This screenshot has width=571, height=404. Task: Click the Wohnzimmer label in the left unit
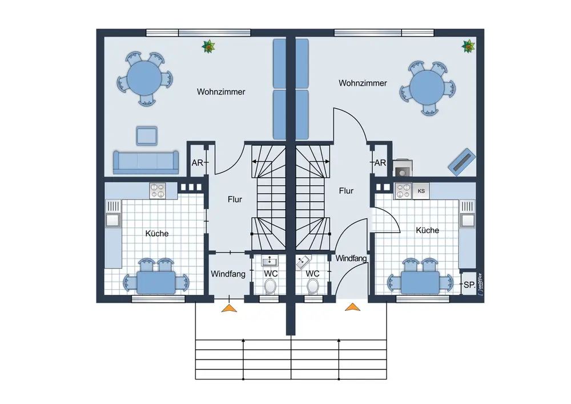[x=221, y=92]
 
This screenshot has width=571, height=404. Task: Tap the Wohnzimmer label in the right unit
[x=363, y=83]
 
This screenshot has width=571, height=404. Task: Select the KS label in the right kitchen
[x=421, y=191]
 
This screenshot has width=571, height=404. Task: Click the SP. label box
[x=469, y=285]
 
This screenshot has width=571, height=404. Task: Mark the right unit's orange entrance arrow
[x=352, y=307]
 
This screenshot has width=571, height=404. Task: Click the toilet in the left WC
[x=270, y=286]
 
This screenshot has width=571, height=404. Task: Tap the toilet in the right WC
[x=313, y=286]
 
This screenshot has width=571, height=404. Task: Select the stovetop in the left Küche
[x=158, y=191]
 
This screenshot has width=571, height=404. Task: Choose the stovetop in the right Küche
[x=404, y=191]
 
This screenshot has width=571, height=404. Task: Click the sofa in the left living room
[x=146, y=162]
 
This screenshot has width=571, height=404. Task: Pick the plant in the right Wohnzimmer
[x=468, y=46]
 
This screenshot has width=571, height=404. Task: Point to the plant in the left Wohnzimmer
[x=208, y=47]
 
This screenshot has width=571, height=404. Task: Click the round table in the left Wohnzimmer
[x=144, y=78]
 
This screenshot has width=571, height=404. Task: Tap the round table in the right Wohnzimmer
[x=428, y=87]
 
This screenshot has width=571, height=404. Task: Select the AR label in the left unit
[x=198, y=163]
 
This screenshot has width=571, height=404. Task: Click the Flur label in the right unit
[x=346, y=191]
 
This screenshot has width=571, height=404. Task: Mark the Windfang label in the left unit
[x=228, y=274]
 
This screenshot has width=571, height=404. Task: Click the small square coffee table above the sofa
[x=147, y=136]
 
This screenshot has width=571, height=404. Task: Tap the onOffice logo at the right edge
[x=480, y=284]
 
